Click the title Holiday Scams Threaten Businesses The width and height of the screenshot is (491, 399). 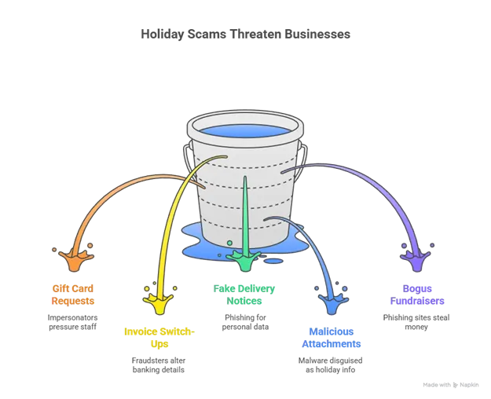pos(245,34)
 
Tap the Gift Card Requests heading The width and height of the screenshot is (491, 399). pos(72,295)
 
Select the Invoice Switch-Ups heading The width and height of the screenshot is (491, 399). pos(159,338)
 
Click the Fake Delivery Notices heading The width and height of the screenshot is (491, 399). pos(244,295)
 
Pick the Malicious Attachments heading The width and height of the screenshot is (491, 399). pos(332,338)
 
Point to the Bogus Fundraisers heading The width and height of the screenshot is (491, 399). pos(417,295)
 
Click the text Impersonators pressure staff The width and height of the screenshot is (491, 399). pos(72,322)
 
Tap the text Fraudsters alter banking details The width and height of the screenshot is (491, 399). pos(159,365)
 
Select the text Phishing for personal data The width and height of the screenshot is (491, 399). pos(245,322)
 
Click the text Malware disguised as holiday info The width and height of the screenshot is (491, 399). pos(331,365)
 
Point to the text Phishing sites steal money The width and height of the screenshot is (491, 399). pos(416,322)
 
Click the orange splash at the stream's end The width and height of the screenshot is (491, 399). pos(75,258)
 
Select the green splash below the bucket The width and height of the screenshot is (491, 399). pos(244,258)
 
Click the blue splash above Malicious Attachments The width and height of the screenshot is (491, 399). pos(332,300)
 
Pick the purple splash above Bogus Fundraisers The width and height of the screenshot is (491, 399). pos(416,258)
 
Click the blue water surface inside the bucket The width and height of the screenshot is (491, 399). pos(245,130)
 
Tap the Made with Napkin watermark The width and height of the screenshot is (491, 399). pos(451,385)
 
